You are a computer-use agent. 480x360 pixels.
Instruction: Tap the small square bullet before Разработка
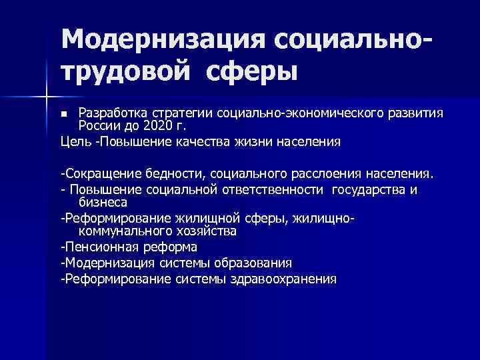click(x=65, y=115)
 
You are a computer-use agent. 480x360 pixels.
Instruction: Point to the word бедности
click(x=173, y=175)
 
